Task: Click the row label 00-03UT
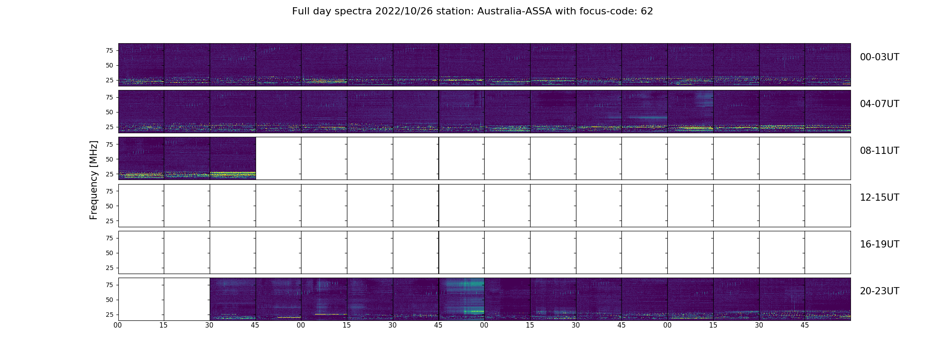pos(879,57)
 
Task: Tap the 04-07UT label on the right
pos(879,104)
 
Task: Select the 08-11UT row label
pos(879,151)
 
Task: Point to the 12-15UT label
pos(879,198)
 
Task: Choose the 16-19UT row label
pos(879,244)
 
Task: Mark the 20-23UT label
pos(879,291)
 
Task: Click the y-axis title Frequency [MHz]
pos(94,180)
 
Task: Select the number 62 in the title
pos(647,11)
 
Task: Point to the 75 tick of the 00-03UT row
pos(109,50)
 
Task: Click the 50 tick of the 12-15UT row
pos(109,206)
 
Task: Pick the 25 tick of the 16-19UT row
pos(109,268)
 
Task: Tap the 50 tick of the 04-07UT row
pos(109,112)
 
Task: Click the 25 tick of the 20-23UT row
pos(109,315)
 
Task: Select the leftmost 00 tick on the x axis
pos(118,325)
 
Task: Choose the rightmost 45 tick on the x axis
pos(805,325)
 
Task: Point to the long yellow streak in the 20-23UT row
pos(331,314)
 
